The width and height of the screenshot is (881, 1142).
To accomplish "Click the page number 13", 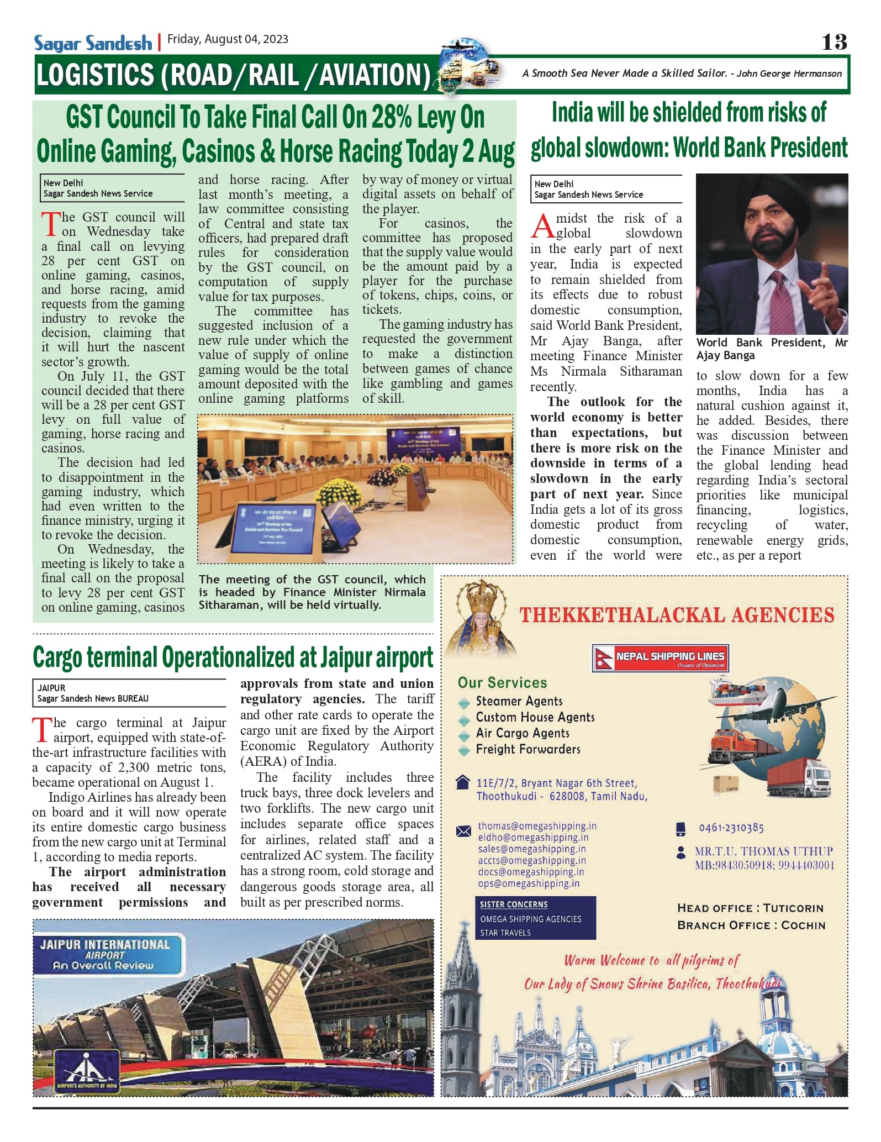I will [833, 42].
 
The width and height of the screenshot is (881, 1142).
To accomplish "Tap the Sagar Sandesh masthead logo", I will [93, 43].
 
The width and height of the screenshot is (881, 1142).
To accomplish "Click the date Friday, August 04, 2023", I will [228, 39].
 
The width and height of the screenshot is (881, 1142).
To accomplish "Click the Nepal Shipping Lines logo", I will [660, 658].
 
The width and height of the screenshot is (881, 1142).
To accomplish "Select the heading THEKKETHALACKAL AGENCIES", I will [677, 615].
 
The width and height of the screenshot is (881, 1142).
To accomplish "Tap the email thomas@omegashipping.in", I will [537, 826].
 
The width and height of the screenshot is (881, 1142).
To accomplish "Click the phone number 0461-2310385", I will [731, 828].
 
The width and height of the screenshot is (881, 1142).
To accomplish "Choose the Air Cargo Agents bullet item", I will [522, 733].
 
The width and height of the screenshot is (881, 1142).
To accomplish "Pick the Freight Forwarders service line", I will [527, 749].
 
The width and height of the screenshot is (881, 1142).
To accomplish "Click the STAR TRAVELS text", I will [505, 933].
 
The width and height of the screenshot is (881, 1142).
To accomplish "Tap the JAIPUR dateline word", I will [51, 688].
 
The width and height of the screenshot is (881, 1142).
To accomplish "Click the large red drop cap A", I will [542, 227].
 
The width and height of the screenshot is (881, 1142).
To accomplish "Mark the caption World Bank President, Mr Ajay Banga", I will [771, 349].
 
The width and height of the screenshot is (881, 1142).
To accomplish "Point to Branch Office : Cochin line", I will [751, 925].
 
